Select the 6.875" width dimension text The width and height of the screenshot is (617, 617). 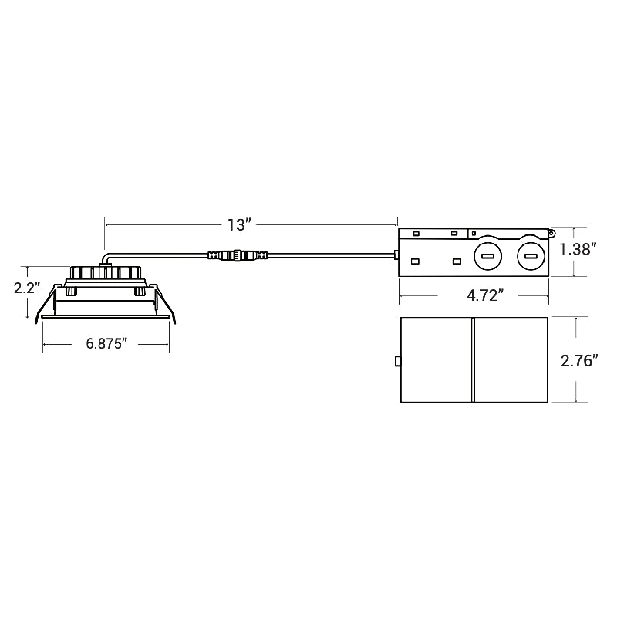pyautogui.click(x=105, y=344)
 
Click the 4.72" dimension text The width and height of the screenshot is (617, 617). pyautogui.click(x=474, y=295)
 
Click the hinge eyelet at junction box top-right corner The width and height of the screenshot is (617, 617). pyautogui.click(x=551, y=232)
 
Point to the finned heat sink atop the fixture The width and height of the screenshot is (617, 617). pyautogui.click(x=105, y=273)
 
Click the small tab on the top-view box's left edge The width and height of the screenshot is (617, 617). pyautogui.click(x=397, y=360)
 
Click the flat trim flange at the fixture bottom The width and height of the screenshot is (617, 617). pyautogui.click(x=105, y=315)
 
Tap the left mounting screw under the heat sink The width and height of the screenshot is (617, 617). pyautogui.click(x=71, y=292)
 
